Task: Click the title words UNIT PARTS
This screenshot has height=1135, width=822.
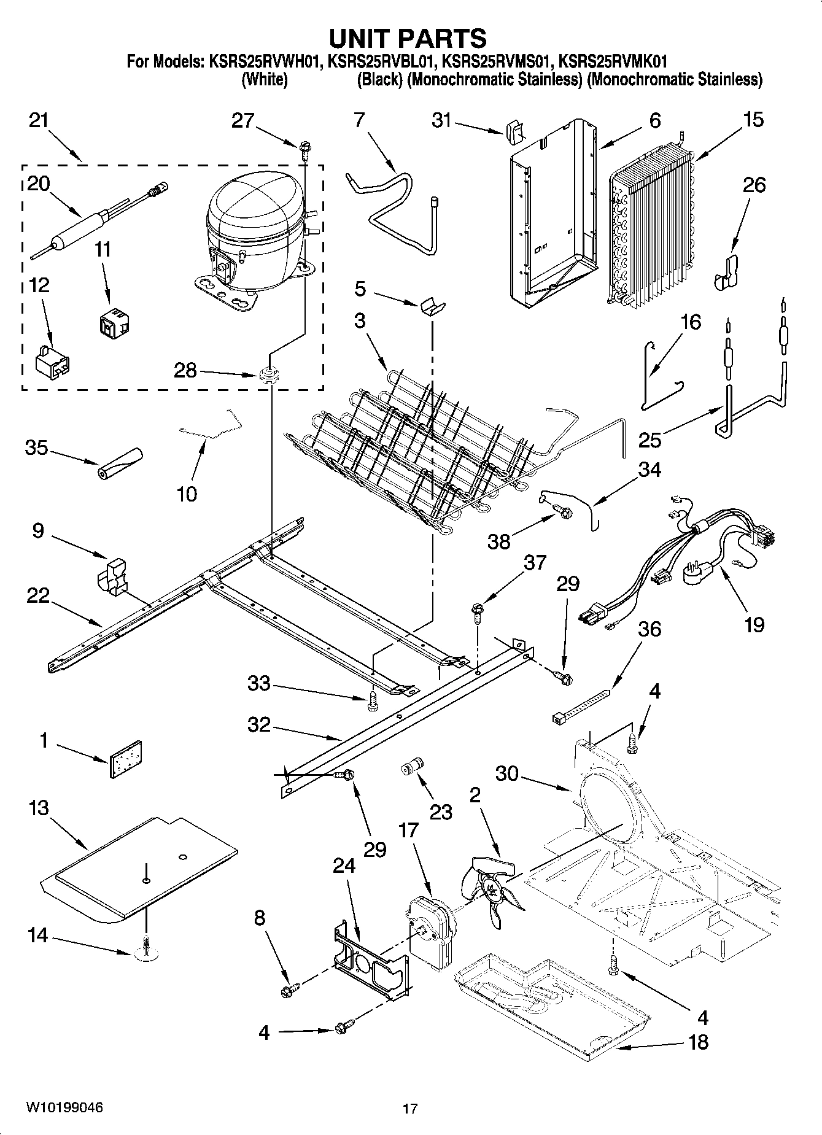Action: click(x=408, y=38)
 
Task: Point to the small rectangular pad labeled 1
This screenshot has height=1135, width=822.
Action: click(x=126, y=759)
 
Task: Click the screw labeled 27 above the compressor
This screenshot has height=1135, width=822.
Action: click(x=305, y=147)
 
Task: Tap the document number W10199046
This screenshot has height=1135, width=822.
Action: click(x=64, y=1107)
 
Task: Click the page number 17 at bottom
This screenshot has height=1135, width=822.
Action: click(x=410, y=1109)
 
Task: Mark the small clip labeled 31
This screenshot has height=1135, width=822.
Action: click(x=514, y=131)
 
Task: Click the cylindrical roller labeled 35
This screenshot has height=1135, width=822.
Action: click(x=120, y=463)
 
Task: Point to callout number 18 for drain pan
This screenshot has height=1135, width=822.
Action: click(x=698, y=1042)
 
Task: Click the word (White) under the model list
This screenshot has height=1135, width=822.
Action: click(x=265, y=79)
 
